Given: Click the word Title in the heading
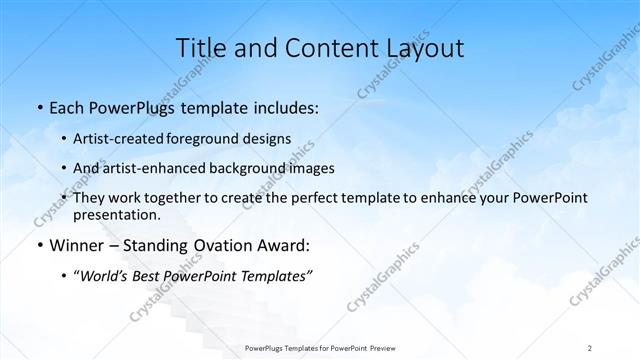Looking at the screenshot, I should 200,48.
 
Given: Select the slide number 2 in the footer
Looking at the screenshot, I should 590,347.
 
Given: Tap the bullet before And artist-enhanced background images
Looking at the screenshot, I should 64,168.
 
